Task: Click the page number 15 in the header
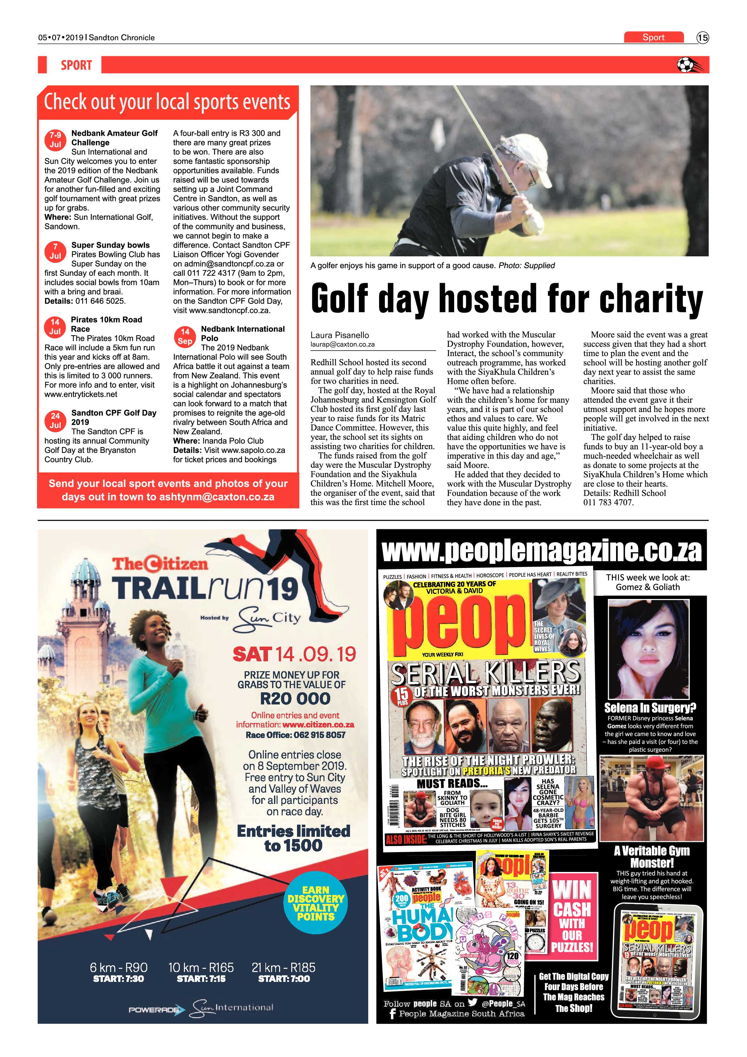tap(702, 38)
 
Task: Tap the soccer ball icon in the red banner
tap(685, 65)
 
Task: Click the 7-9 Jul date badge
tap(55, 139)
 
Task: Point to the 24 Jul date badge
tap(55, 420)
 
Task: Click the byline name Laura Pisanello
tap(339, 335)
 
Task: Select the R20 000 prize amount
tap(295, 698)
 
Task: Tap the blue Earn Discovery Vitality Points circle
tap(316, 903)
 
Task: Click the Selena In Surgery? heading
tap(650, 708)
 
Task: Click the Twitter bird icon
tap(472, 1003)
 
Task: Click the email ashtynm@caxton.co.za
tap(217, 497)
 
